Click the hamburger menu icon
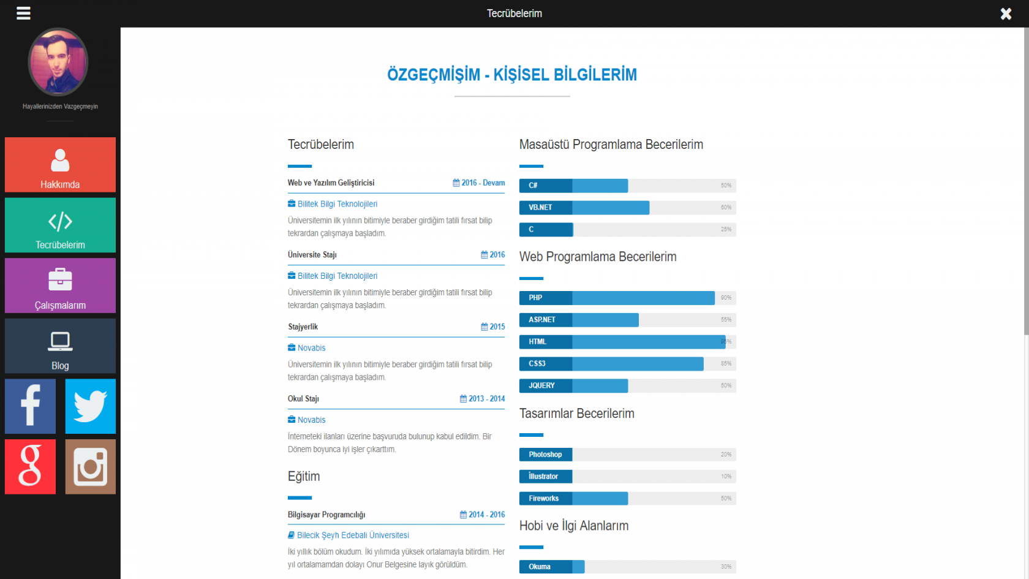(x=23, y=13)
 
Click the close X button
(x=1006, y=13)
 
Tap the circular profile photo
(x=58, y=62)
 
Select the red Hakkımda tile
(x=60, y=165)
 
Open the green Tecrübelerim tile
(x=60, y=225)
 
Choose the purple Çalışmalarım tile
(x=60, y=286)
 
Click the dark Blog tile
(x=60, y=346)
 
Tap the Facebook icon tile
(x=30, y=406)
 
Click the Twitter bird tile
(x=91, y=406)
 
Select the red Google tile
(x=30, y=467)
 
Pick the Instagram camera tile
(x=91, y=467)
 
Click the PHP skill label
(x=536, y=298)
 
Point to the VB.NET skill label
(x=541, y=208)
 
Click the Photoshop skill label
(x=545, y=455)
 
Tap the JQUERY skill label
(x=542, y=386)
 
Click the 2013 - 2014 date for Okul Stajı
(x=483, y=399)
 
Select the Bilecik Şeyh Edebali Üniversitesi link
(x=353, y=535)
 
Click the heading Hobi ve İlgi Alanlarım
(x=574, y=526)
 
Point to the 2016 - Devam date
(x=479, y=183)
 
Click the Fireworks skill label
(x=544, y=499)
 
